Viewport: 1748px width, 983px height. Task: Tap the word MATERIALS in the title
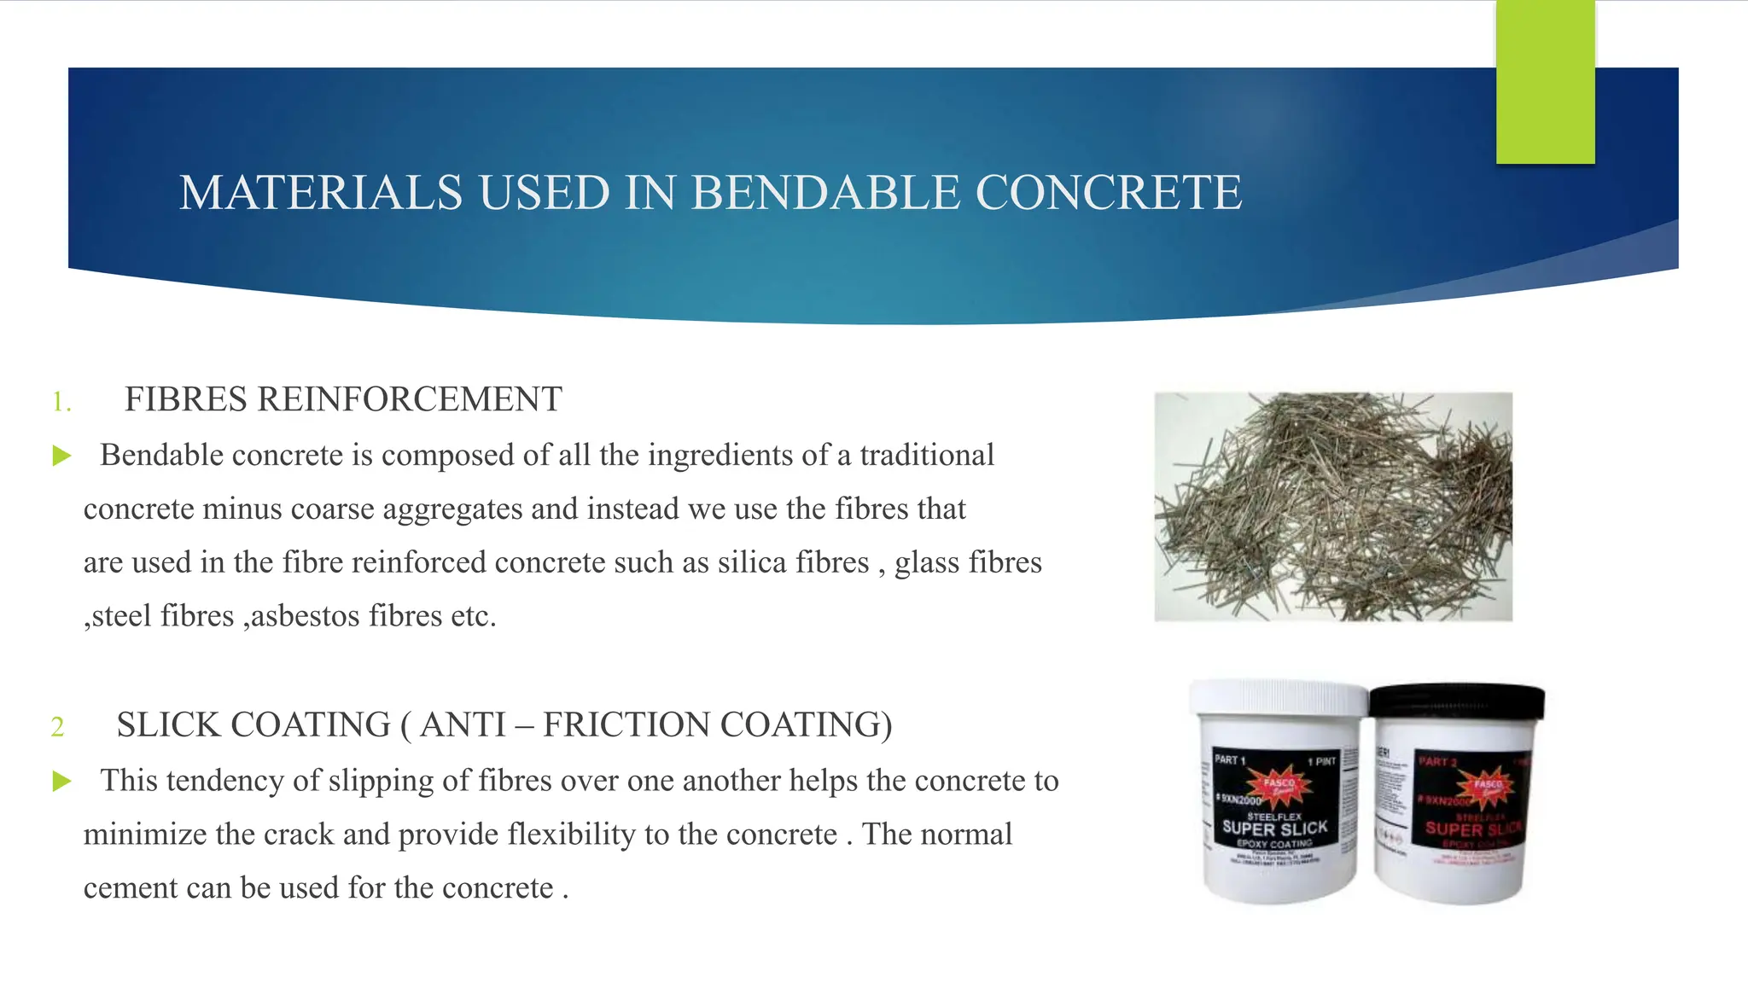[x=321, y=193]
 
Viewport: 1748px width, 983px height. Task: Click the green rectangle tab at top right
[x=1545, y=82]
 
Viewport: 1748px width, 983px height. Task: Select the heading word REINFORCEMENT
[x=410, y=399]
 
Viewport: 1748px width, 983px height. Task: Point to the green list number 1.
[x=61, y=402]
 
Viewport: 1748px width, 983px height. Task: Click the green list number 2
[x=57, y=727]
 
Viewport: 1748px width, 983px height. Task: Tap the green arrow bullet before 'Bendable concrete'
[x=61, y=456]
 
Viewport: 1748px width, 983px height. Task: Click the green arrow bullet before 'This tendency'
[x=61, y=781]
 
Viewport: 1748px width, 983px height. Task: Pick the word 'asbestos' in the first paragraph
[x=305, y=616]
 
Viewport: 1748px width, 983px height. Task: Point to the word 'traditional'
[x=927, y=456]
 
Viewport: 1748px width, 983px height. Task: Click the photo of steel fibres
[x=1333, y=506]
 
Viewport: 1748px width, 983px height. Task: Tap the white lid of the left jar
[x=1279, y=698]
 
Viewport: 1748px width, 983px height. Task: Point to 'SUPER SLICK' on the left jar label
[x=1275, y=829]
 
